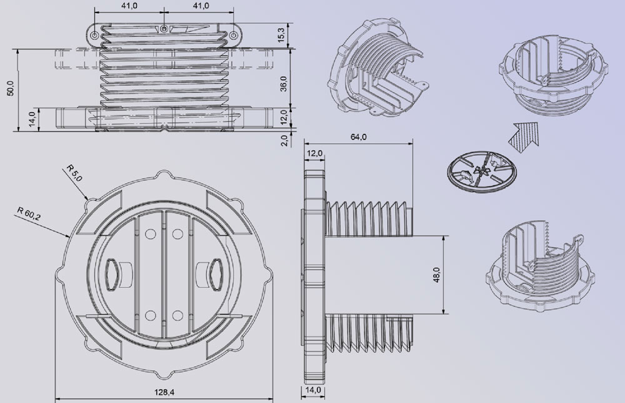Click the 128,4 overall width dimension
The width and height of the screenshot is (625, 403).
pyautogui.click(x=164, y=392)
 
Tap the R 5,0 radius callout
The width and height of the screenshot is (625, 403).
pyautogui.click(x=74, y=173)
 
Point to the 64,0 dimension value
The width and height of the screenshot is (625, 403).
pyautogui.click(x=358, y=137)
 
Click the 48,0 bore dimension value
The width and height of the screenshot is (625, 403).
pyautogui.click(x=436, y=275)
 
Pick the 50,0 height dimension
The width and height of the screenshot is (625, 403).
pyautogui.click(x=11, y=88)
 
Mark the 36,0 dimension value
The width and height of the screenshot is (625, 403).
pyautogui.click(x=283, y=84)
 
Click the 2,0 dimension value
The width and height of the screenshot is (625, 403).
pyautogui.click(x=284, y=140)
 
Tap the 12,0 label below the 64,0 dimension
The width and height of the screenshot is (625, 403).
pyautogui.click(x=315, y=153)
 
